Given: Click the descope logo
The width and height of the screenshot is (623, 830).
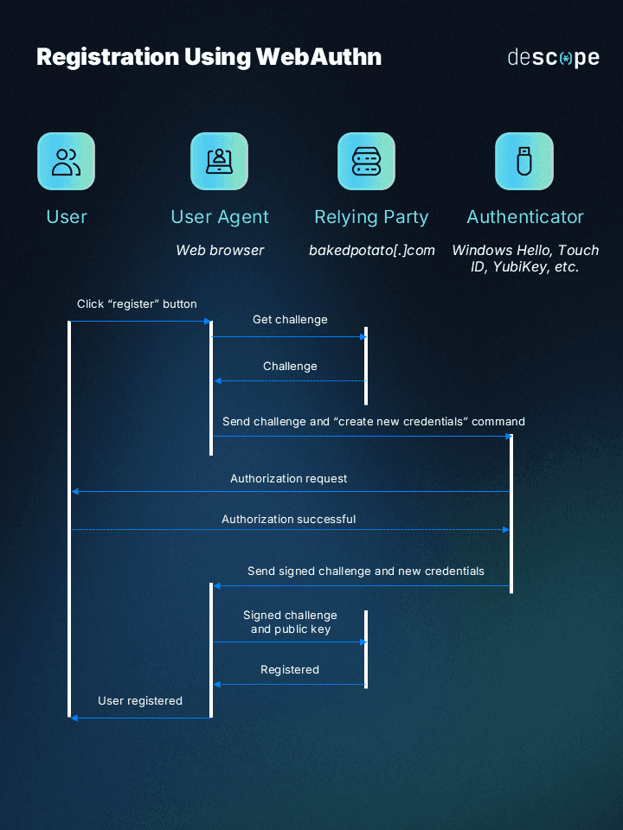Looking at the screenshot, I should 553,58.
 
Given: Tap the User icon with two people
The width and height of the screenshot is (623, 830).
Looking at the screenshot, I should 66,162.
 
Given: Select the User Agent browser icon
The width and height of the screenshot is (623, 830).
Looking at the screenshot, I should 219,162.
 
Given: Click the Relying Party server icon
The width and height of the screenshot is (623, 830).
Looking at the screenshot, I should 366,162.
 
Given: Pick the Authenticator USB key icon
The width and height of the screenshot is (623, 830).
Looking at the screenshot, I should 523,162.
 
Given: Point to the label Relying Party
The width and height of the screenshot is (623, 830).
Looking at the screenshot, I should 371,217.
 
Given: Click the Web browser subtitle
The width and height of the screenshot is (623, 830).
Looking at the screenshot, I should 220,250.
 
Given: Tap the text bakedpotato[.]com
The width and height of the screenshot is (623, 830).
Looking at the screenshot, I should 372,250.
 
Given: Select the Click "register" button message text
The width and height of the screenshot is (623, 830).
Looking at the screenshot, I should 137,303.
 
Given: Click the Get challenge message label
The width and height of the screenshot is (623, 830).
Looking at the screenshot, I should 290,320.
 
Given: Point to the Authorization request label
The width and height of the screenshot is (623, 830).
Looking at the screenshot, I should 289,478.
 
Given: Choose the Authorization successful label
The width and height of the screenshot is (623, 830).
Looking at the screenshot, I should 289,520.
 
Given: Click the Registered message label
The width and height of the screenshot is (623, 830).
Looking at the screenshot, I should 290,670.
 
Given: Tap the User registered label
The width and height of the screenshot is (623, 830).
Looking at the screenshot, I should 140,701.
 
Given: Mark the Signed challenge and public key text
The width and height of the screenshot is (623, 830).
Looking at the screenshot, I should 290,622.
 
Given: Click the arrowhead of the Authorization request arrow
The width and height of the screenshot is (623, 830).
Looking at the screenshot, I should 75,492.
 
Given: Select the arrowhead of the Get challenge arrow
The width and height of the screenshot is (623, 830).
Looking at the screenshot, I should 364,336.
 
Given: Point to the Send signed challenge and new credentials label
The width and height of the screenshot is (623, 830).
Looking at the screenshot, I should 366,571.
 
